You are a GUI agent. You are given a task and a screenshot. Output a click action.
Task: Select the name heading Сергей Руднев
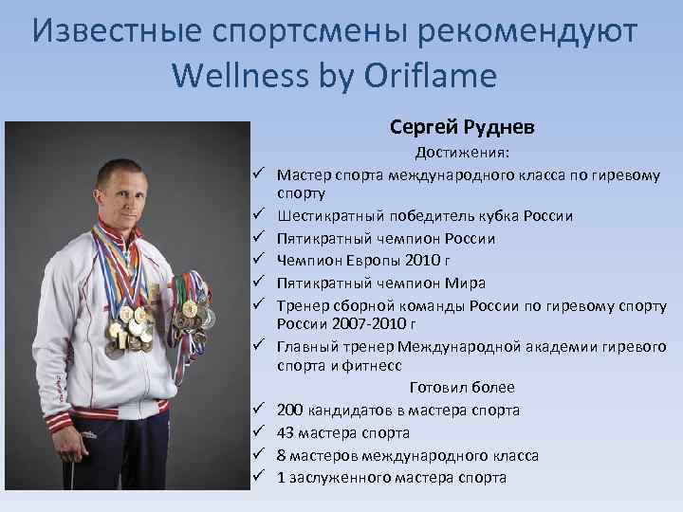pyautogui.click(x=462, y=127)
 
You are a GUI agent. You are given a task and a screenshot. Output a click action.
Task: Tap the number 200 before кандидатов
pyautogui.click(x=291, y=411)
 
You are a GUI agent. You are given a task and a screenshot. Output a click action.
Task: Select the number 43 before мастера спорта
pyautogui.click(x=286, y=432)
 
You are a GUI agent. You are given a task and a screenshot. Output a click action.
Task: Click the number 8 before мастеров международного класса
pyautogui.click(x=282, y=455)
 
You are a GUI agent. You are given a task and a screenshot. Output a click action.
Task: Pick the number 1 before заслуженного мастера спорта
pyautogui.click(x=282, y=477)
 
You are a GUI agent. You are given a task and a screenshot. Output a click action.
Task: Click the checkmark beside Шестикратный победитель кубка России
pyautogui.click(x=257, y=216)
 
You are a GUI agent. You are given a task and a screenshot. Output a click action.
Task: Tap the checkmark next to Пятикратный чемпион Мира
pyautogui.click(x=257, y=283)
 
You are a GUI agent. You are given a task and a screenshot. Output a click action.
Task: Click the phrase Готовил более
pyautogui.click(x=462, y=388)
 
